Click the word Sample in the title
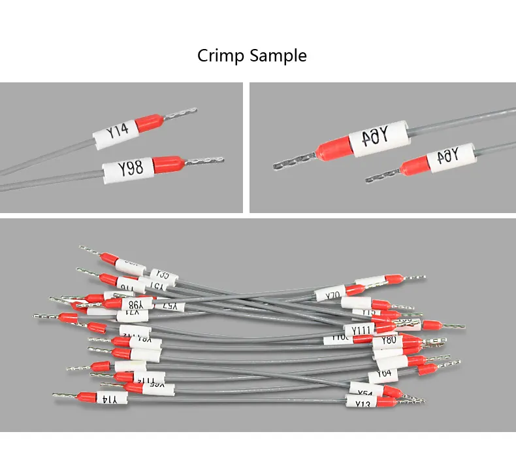[x=278, y=56]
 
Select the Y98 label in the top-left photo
[x=130, y=170]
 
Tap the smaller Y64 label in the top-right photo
[x=448, y=157]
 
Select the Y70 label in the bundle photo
[x=332, y=295]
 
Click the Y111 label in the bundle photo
[x=362, y=329]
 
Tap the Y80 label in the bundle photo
[x=388, y=340]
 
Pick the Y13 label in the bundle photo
[x=364, y=403]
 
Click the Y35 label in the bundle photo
[x=161, y=275]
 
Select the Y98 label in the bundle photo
[x=135, y=304]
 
